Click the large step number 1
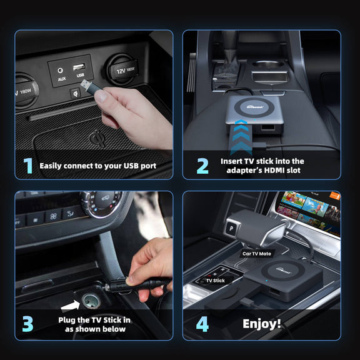click(27, 166)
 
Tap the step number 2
click(202, 166)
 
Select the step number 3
click(27, 324)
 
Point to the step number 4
click(202, 324)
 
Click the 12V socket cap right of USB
click(122, 69)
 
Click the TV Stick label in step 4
click(215, 281)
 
